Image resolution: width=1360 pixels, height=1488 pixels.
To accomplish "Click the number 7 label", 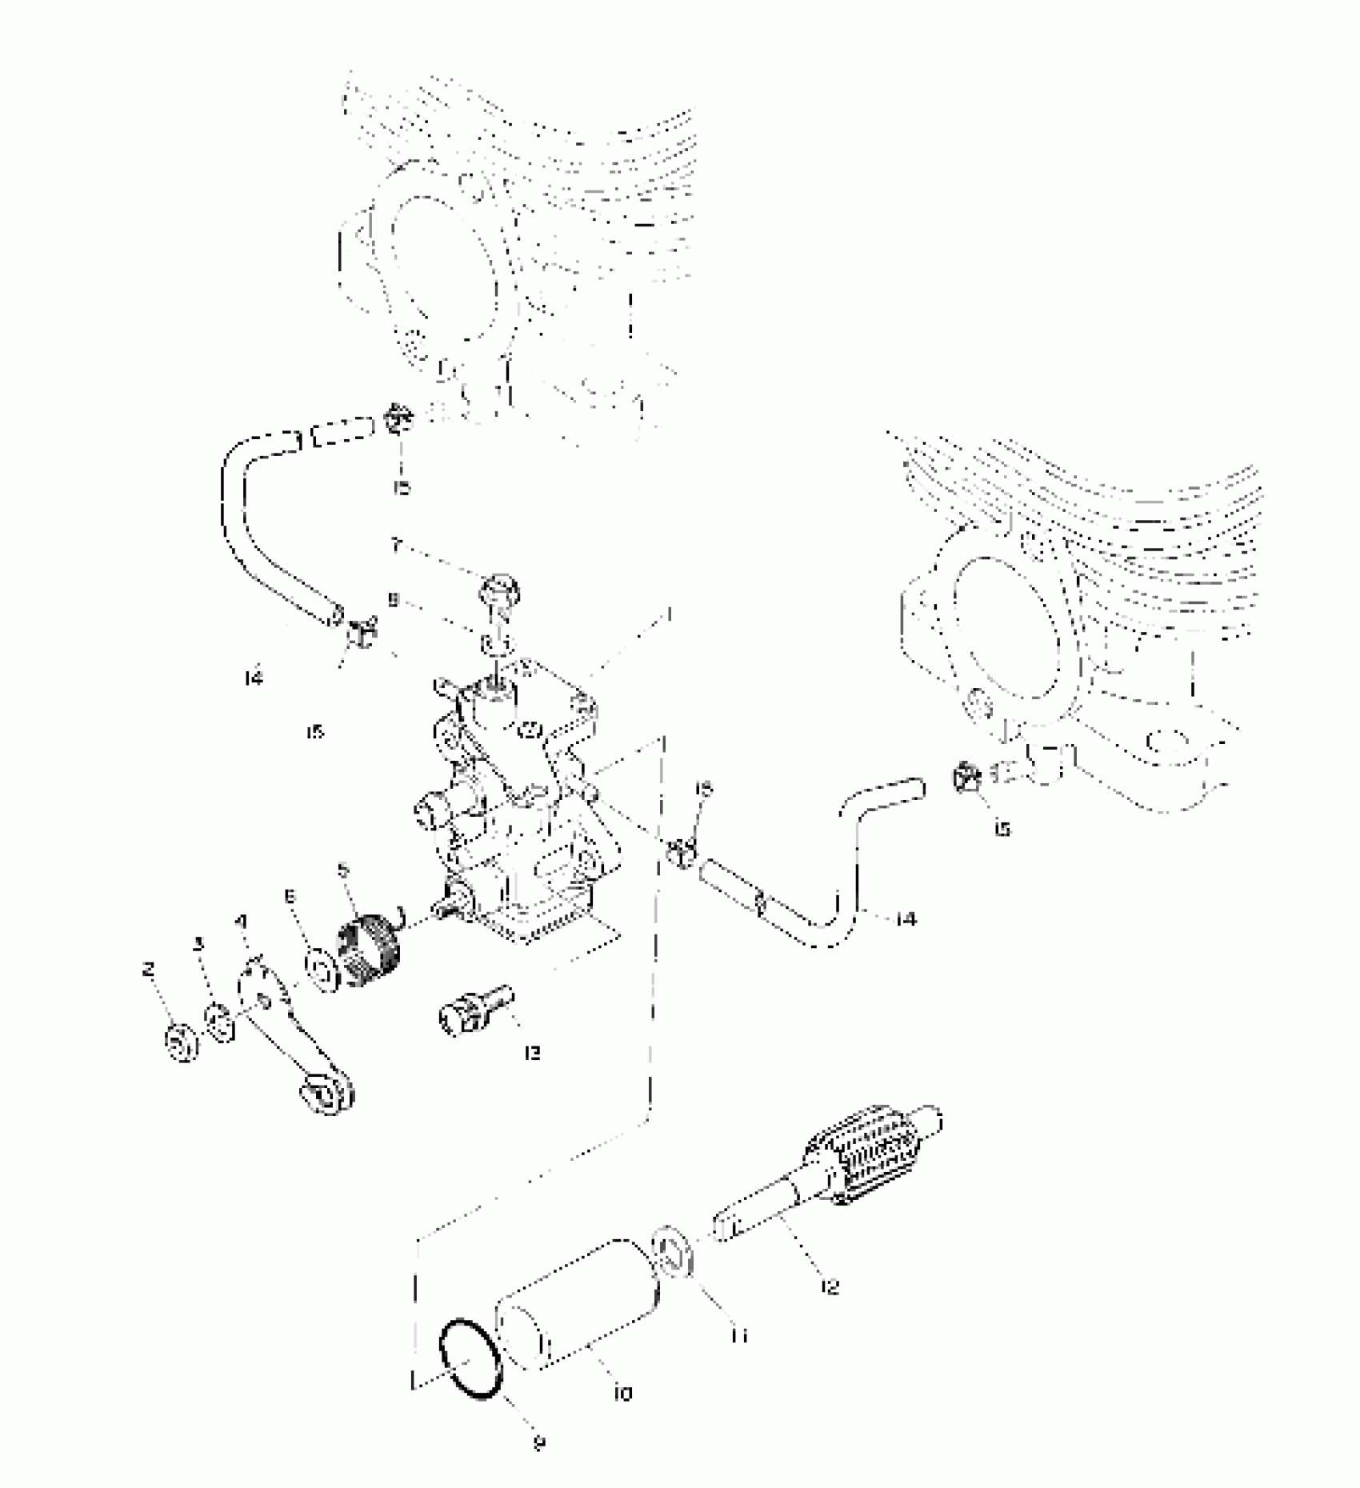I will pyautogui.click(x=394, y=546).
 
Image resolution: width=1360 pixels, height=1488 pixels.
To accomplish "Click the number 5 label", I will pyautogui.click(x=343, y=869).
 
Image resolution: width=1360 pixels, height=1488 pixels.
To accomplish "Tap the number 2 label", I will pyautogui.click(x=147, y=970).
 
